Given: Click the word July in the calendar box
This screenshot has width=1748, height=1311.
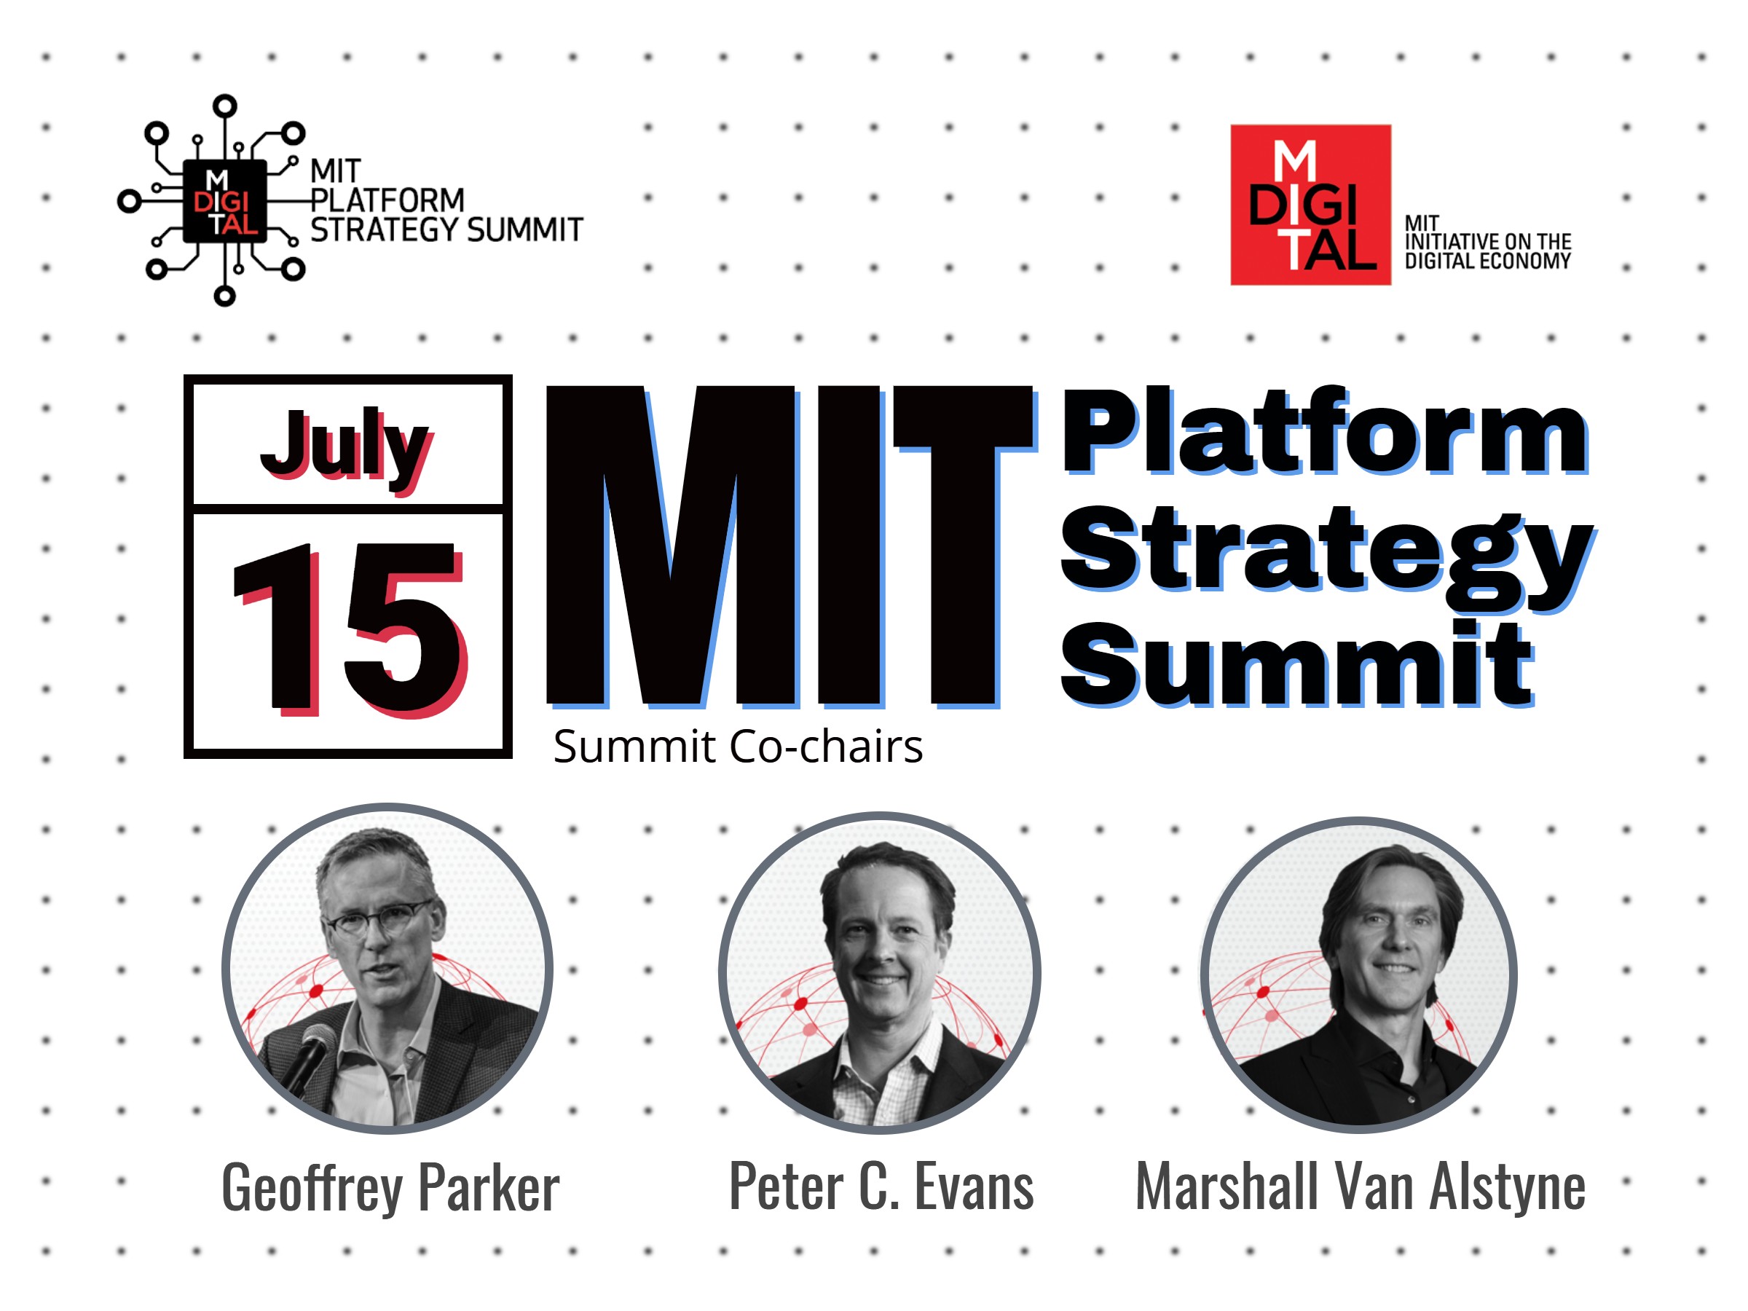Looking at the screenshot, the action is [346, 448].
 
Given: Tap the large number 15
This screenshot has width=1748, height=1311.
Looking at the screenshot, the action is [350, 629].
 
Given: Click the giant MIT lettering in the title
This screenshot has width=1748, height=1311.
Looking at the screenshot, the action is [790, 546].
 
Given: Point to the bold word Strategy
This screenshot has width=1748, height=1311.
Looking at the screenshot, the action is [1328, 556].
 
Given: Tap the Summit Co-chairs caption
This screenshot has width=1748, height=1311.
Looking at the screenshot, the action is [738, 746].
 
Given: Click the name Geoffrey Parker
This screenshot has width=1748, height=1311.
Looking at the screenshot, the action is [390, 1188].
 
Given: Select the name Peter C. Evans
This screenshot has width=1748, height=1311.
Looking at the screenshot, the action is [881, 1186].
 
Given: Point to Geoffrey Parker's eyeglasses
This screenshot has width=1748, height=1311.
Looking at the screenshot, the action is [377, 919].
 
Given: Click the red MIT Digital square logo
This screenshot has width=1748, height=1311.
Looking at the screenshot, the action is [1310, 205].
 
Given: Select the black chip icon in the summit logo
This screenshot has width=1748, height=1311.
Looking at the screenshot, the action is [224, 201].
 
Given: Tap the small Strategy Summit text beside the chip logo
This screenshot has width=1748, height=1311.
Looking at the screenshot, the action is [446, 230].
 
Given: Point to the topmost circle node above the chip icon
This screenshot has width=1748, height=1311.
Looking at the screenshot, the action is [225, 106].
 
